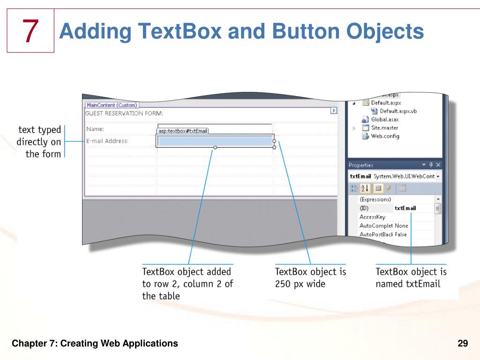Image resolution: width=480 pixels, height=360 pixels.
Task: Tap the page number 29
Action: [x=463, y=344]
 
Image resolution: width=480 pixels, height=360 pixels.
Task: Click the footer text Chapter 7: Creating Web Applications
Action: [x=95, y=344]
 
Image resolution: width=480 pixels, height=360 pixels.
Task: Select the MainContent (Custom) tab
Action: [x=112, y=105]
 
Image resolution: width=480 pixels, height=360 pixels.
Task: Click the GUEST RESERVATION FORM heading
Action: [x=124, y=113]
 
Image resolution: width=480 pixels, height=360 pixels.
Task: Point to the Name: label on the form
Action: [x=95, y=129]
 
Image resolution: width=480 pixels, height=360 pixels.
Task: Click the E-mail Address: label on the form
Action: [x=107, y=141]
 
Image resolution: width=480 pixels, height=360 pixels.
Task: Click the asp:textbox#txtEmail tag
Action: [x=183, y=131]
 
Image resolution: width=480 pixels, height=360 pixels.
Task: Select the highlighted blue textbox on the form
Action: [x=215, y=141]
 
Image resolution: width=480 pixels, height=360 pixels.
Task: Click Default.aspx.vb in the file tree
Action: [x=398, y=111]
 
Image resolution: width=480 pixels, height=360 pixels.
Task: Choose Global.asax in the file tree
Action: [x=385, y=120]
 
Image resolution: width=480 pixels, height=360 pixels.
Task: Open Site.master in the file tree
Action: [x=384, y=127]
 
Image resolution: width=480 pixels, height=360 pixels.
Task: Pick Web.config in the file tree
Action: [x=385, y=136]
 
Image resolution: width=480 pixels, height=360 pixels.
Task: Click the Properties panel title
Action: [x=361, y=165]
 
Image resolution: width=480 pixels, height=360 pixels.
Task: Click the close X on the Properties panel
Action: [x=438, y=165]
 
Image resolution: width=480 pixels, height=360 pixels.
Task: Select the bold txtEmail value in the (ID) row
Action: [x=405, y=208]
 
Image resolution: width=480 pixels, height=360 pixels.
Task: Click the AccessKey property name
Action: [x=372, y=217]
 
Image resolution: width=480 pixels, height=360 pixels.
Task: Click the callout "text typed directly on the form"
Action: [x=39, y=142]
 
